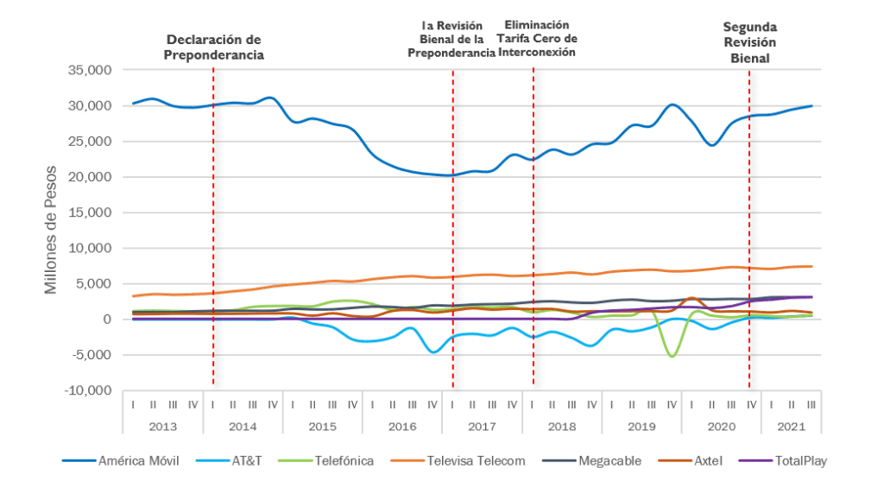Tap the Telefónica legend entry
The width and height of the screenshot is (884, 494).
tap(342, 461)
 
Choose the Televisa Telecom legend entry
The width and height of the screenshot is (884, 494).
tap(476, 461)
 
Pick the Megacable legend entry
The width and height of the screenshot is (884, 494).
tap(609, 461)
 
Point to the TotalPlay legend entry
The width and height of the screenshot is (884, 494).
tap(799, 461)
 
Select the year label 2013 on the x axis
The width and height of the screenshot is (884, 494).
tap(163, 426)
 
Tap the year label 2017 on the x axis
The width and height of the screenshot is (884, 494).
tap(482, 426)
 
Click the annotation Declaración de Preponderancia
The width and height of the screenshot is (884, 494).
tap(214, 47)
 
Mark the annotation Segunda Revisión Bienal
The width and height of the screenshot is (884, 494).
tap(748, 43)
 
